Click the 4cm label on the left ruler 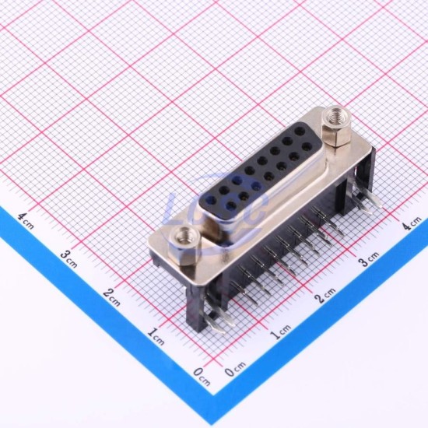26,220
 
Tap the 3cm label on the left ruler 68,259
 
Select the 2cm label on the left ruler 111,297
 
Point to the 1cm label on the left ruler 156,336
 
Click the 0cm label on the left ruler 202,376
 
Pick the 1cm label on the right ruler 280,331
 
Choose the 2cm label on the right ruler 325,295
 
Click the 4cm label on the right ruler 412,223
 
